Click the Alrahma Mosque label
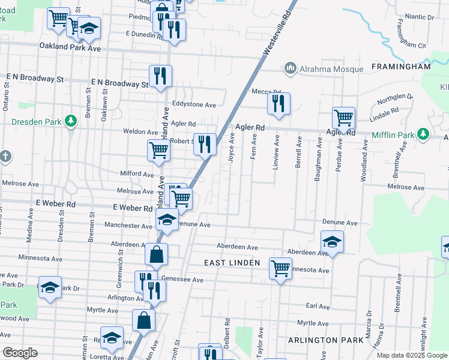click(x=332, y=69)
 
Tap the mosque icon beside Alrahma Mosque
click(x=291, y=68)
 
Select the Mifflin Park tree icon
click(x=423, y=133)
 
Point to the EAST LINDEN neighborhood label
click(x=232, y=263)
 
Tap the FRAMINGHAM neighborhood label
click(x=401, y=67)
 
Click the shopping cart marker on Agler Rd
click(x=344, y=118)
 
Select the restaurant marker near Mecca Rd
click(x=279, y=104)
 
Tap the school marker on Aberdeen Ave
click(x=332, y=242)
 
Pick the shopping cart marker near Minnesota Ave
click(x=280, y=269)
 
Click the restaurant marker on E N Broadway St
click(x=160, y=76)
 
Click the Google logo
click(x=20, y=353)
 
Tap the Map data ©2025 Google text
click(x=411, y=355)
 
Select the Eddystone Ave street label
click(x=194, y=104)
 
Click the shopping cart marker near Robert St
click(x=159, y=151)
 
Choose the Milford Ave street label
click(x=137, y=174)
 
